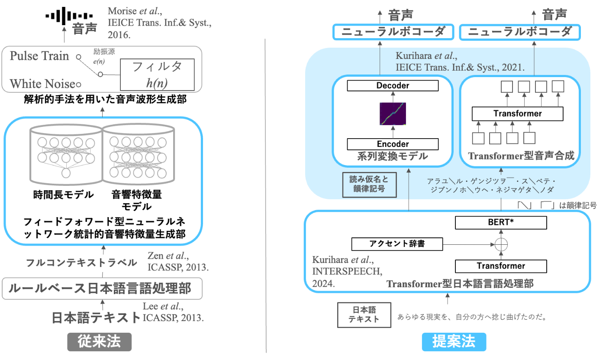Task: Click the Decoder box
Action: [393, 86]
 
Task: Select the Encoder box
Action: [393, 144]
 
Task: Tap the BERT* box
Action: [501, 223]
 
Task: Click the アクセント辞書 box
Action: [397, 244]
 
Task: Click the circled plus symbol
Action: [501, 244]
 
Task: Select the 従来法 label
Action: [99, 342]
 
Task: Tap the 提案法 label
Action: [454, 342]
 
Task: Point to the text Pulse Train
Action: [39, 56]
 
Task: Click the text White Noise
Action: [42, 84]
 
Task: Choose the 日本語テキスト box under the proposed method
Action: [364, 315]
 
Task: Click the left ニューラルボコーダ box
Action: [393, 32]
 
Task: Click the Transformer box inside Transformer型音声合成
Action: [517, 114]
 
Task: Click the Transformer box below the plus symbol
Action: [501, 266]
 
